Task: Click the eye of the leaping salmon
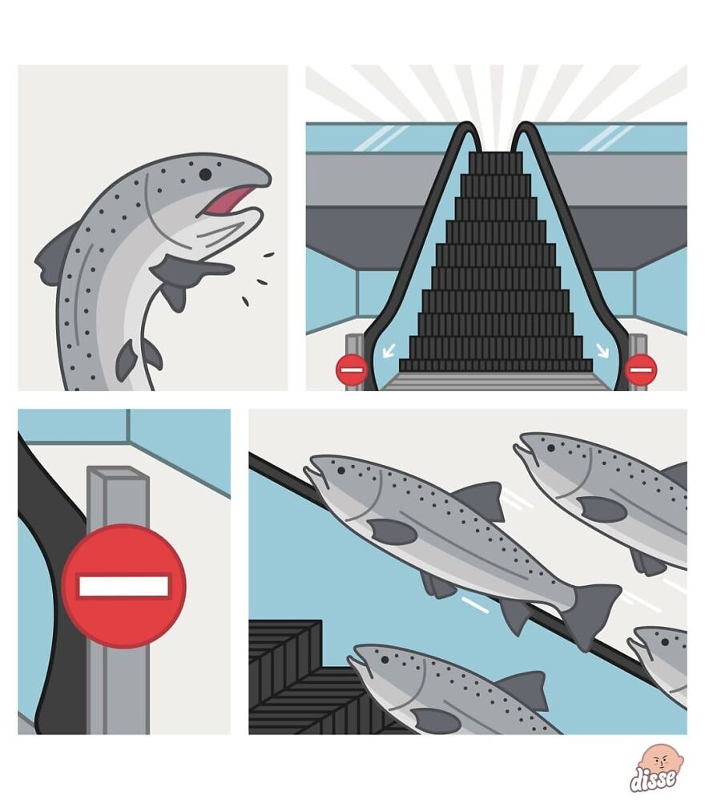coord(205,175)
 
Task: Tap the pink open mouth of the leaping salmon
coord(228,200)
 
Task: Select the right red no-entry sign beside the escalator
coord(641,370)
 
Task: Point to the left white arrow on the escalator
coord(389,350)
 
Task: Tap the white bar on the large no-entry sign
coord(123,586)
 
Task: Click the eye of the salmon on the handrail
coord(340,470)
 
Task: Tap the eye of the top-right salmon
coord(551,448)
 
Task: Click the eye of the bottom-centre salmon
coord(385,660)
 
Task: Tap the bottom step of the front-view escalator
coord(496,365)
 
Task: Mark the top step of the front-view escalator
coord(495,156)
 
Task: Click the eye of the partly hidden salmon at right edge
coord(665,642)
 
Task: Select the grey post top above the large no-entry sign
coord(118,472)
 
